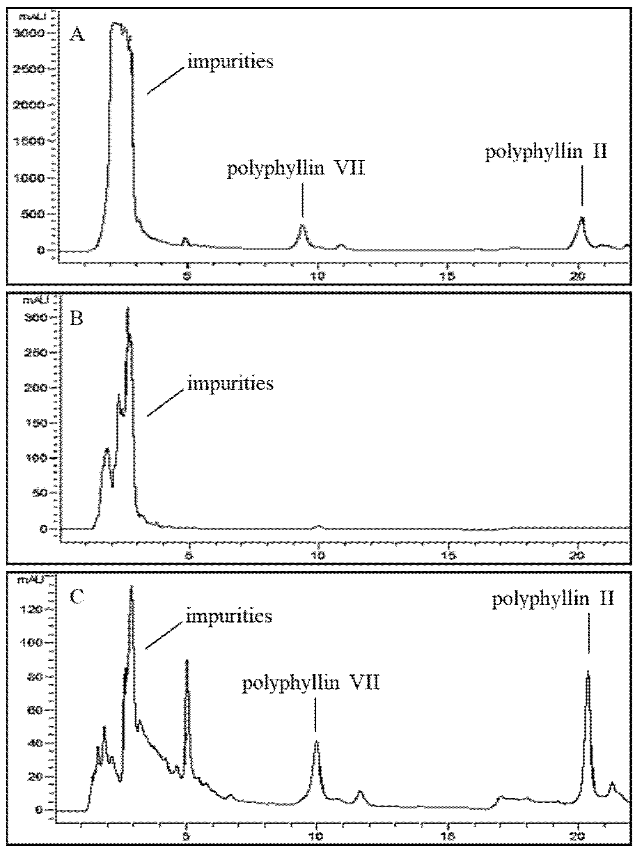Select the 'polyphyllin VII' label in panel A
point(295,169)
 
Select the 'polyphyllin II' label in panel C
point(553,599)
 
